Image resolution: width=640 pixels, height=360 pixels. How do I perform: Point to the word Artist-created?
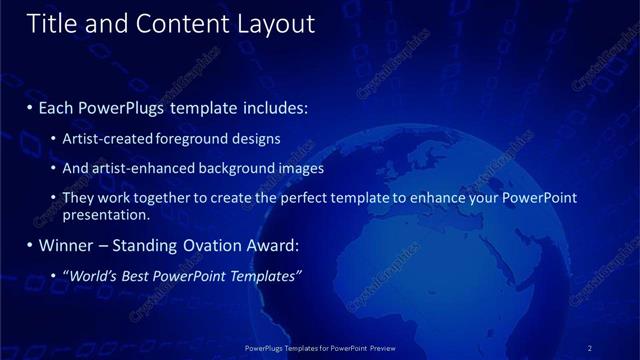108,139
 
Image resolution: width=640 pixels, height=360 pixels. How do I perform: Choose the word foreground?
193,139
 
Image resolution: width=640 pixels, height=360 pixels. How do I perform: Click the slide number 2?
590,348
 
